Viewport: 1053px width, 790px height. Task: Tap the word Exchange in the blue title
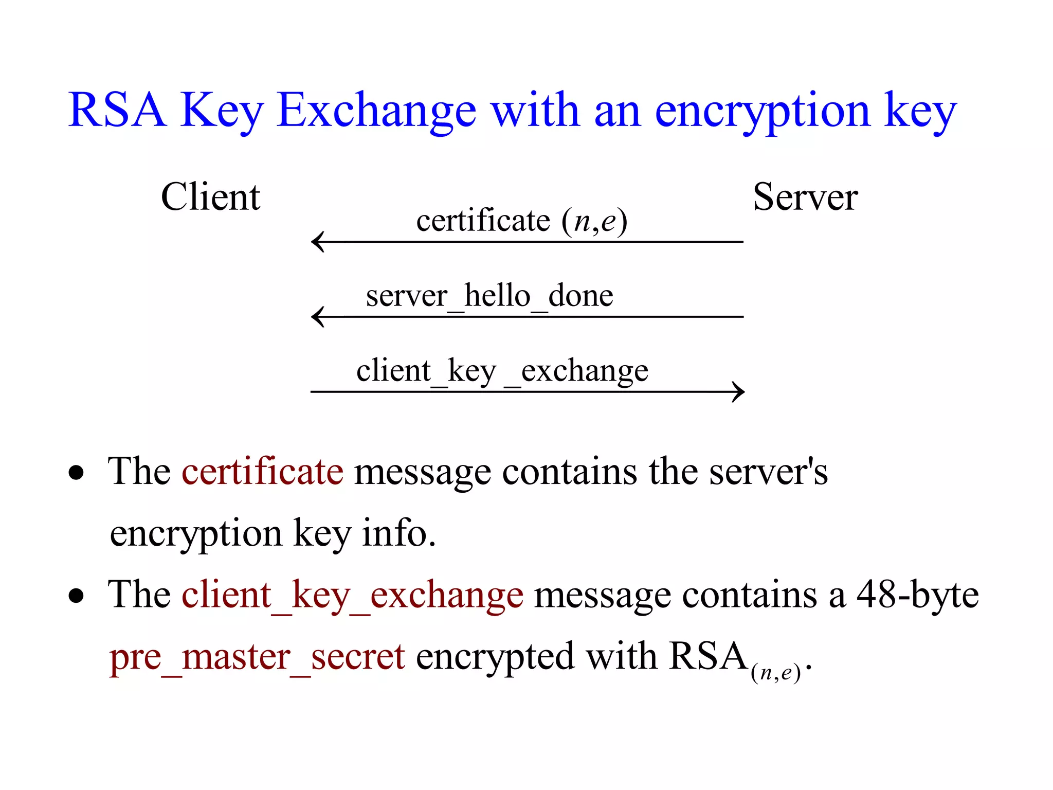tap(376, 111)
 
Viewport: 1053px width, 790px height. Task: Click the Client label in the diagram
tap(211, 197)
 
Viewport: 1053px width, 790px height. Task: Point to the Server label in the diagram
tap(805, 197)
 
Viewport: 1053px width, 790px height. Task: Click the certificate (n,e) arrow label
tap(521, 221)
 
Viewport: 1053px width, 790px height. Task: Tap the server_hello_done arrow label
tap(489, 296)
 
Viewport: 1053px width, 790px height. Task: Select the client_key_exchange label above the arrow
tap(502, 371)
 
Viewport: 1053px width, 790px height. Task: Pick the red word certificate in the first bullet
tap(263, 471)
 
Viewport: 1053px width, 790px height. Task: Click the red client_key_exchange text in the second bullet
tap(353, 595)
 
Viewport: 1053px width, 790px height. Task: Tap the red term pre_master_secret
tap(257, 657)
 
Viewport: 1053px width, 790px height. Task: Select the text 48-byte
tap(917, 595)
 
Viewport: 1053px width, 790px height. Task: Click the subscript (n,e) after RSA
tap(776, 673)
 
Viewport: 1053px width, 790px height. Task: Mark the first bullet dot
tap(76, 472)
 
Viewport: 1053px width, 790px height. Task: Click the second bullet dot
tap(76, 596)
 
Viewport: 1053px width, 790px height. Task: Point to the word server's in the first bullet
tap(769, 471)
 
